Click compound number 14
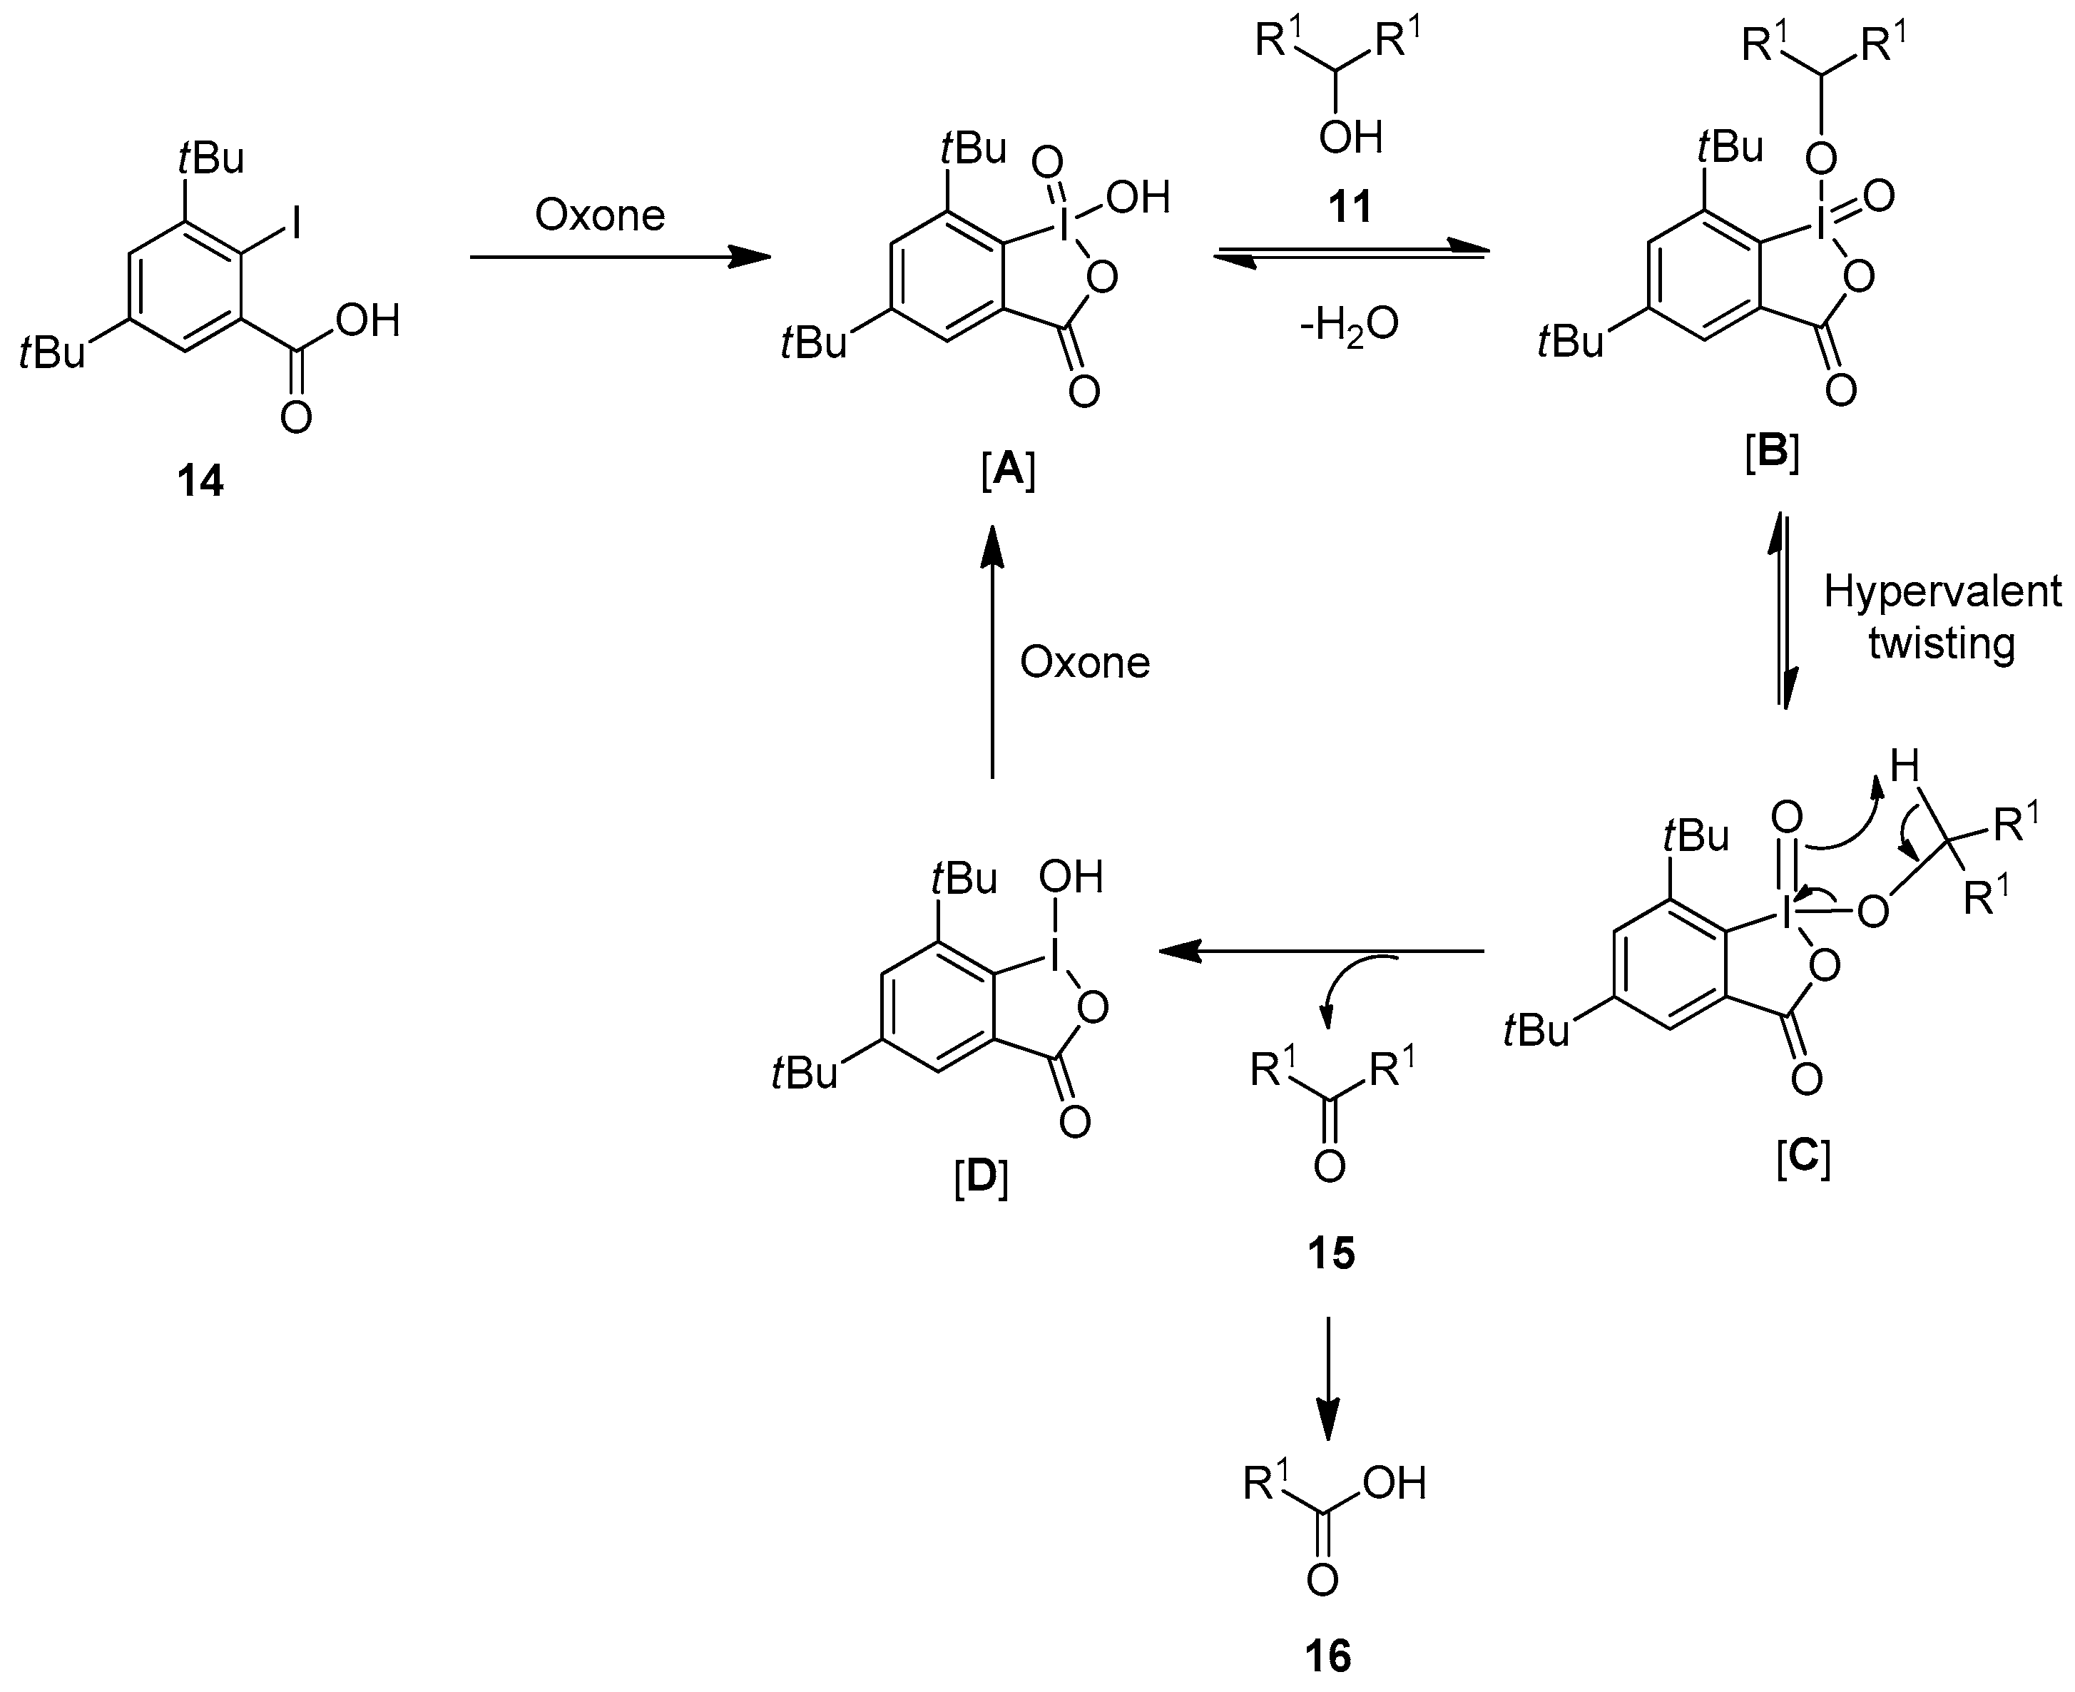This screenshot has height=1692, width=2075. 200,481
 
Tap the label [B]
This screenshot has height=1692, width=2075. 1771,455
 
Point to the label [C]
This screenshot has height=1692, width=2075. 1803,1158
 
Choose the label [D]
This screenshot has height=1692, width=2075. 981,1178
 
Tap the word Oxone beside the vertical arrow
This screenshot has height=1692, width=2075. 1085,663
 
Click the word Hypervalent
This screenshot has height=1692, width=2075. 1942,591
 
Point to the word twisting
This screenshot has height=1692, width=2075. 1942,643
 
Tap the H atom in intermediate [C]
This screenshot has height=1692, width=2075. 1905,766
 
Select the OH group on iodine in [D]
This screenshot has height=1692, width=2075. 1070,877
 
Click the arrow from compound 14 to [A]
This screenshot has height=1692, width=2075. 619,258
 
